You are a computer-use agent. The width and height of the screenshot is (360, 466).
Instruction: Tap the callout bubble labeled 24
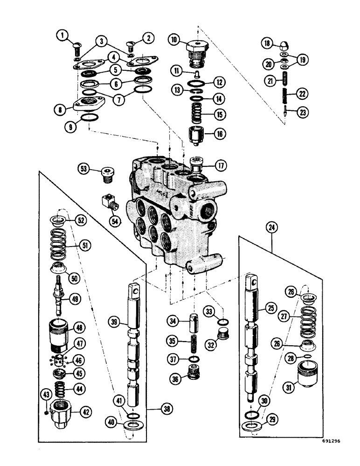[x=271, y=228]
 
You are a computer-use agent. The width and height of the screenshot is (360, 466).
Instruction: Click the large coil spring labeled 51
[x=62, y=245]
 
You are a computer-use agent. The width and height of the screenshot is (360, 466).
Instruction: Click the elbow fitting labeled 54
[x=109, y=203]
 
